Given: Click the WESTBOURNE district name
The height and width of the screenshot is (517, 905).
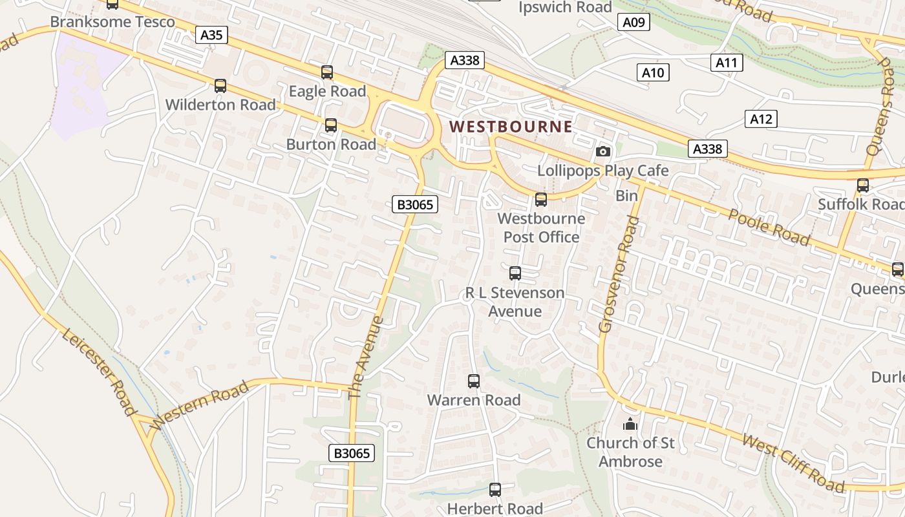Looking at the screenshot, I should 511,127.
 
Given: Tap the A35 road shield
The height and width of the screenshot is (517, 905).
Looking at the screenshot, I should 212,35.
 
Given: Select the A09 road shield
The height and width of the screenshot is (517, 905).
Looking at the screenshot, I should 633,23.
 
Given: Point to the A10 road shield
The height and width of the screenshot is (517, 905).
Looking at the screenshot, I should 653,72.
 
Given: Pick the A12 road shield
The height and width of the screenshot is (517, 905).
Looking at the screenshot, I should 760,119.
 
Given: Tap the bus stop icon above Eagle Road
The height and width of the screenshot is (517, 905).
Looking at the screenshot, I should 327,72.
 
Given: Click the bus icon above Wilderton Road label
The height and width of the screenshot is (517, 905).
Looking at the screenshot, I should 220,86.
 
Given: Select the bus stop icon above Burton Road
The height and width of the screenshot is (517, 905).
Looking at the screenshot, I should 331,125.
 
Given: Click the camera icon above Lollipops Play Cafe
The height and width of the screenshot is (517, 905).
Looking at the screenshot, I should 603,152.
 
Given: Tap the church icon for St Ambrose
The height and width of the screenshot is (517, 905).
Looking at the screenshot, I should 630,424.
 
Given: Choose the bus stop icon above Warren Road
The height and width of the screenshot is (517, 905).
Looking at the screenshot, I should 474,381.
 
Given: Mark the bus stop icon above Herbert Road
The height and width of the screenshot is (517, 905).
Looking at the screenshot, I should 495,490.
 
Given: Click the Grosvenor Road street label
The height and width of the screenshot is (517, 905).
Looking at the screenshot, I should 618,275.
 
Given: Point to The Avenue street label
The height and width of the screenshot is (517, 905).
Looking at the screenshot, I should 366,357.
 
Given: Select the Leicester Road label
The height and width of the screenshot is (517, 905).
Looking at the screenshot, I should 100,373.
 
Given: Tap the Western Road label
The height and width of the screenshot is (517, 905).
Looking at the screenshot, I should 200,405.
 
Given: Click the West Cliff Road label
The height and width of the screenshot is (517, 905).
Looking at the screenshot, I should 793,463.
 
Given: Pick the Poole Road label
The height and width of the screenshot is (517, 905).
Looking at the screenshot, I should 769,227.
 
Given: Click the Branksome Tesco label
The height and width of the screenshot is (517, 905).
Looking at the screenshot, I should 112,22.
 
